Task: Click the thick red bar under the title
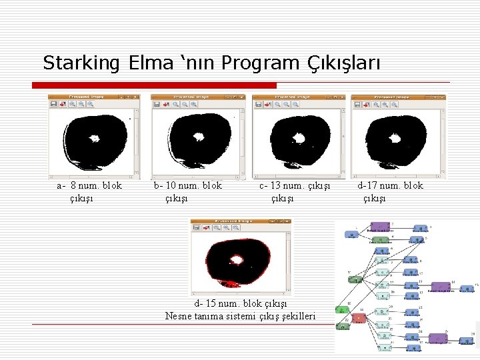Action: pos(154,85)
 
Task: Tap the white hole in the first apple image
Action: pos(94,139)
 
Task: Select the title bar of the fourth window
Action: pos(398,97)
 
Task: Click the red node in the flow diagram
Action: pos(359,318)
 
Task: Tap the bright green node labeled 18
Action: pos(342,310)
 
